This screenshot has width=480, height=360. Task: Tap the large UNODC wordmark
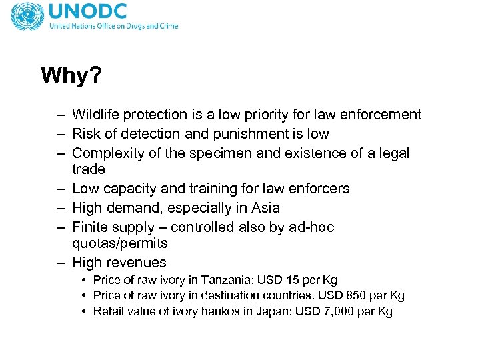coord(89,12)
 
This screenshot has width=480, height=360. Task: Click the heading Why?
coord(71,75)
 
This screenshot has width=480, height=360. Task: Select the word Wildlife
coord(96,115)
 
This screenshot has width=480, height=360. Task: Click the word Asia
coord(266,208)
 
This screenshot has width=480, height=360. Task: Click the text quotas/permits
coord(120,243)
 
